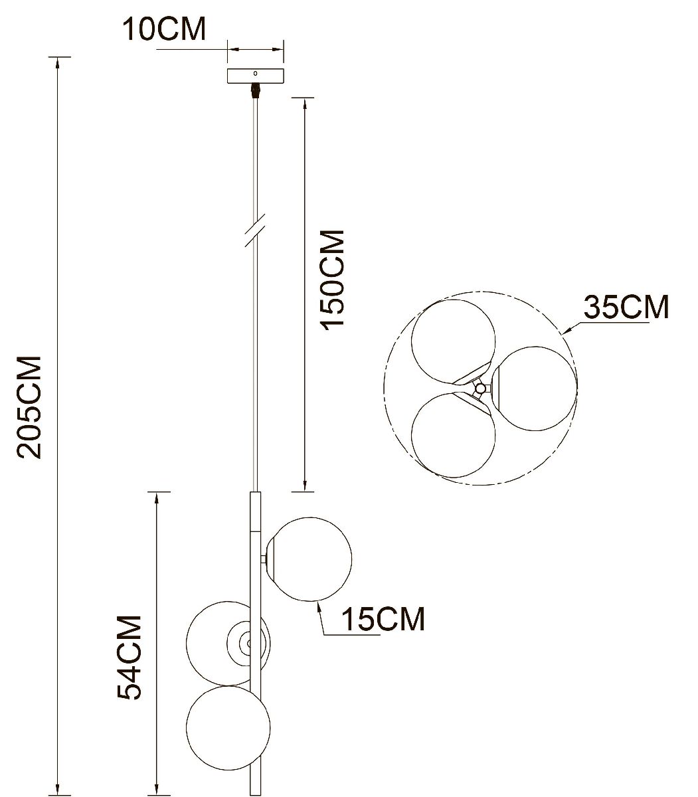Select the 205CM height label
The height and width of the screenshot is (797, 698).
pyautogui.click(x=30, y=406)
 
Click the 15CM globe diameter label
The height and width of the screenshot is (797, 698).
pyautogui.click(x=383, y=620)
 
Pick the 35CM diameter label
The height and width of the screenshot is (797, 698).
pyautogui.click(x=626, y=308)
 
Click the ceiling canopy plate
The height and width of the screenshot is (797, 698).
pyautogui.click(x=256, y=76)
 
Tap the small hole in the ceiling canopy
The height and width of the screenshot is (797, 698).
pyautogui.click(x=256, y=74)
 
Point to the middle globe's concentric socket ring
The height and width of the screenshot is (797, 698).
pyautogui.click(x=246, y=642)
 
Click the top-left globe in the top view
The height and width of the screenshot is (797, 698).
pyautogui.click(x=453, y=341)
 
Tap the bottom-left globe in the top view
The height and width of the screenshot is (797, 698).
pyautogui.click(x=453, y=434)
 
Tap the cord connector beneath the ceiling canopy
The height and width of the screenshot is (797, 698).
pyautogui.click(x=254, y=91)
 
